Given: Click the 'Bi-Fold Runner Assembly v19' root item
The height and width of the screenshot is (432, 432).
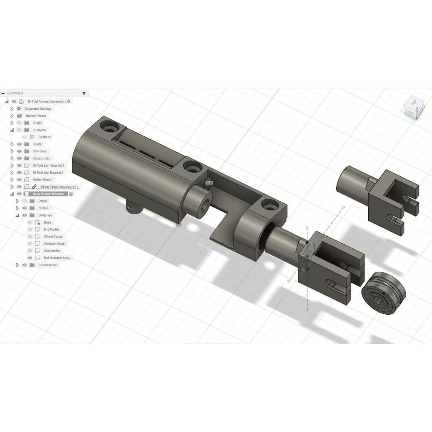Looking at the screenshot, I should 49,102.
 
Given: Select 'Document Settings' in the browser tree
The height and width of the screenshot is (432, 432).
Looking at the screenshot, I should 38,109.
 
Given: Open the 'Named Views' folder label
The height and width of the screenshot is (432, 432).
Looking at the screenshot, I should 36,116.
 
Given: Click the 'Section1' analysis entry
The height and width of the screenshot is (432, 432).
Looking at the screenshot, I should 44,137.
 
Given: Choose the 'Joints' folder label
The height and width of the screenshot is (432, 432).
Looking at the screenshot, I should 37,144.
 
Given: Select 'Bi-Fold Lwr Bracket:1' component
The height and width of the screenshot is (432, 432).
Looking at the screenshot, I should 48,165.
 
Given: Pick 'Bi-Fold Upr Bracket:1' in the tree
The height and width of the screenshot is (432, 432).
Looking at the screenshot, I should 48,173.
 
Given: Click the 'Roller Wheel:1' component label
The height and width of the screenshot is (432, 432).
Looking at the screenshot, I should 43,180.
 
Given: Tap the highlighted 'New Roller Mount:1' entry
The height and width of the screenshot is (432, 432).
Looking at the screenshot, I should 49,194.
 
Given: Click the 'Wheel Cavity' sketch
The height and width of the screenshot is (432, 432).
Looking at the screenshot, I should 53,237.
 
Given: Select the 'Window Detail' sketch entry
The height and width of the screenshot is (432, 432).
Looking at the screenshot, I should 54,244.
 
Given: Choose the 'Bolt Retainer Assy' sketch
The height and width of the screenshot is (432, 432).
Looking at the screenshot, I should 57,258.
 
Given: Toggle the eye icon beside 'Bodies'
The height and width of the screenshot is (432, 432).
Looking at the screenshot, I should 24,208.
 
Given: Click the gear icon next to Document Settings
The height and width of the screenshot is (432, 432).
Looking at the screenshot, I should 19,109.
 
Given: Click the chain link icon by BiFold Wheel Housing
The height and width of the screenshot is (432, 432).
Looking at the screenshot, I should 34,187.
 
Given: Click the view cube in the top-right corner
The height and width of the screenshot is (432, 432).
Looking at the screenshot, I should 410,108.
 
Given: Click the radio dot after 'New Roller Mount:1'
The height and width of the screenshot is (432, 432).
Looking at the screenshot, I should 71,194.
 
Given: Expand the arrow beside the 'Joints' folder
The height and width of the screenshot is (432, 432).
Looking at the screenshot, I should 12,144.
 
